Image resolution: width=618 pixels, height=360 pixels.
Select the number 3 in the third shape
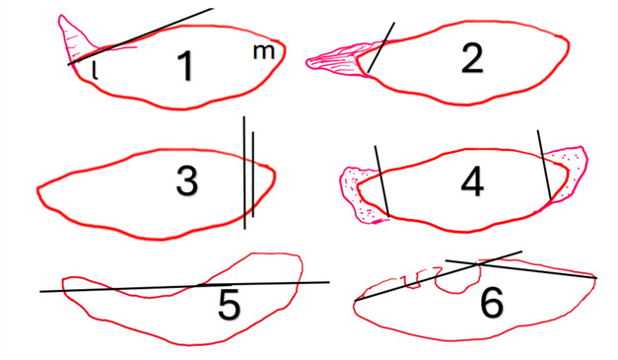(187, 181)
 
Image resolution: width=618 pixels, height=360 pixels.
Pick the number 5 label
(230, 305)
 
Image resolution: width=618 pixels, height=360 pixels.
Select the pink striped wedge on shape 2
(340, 61)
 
